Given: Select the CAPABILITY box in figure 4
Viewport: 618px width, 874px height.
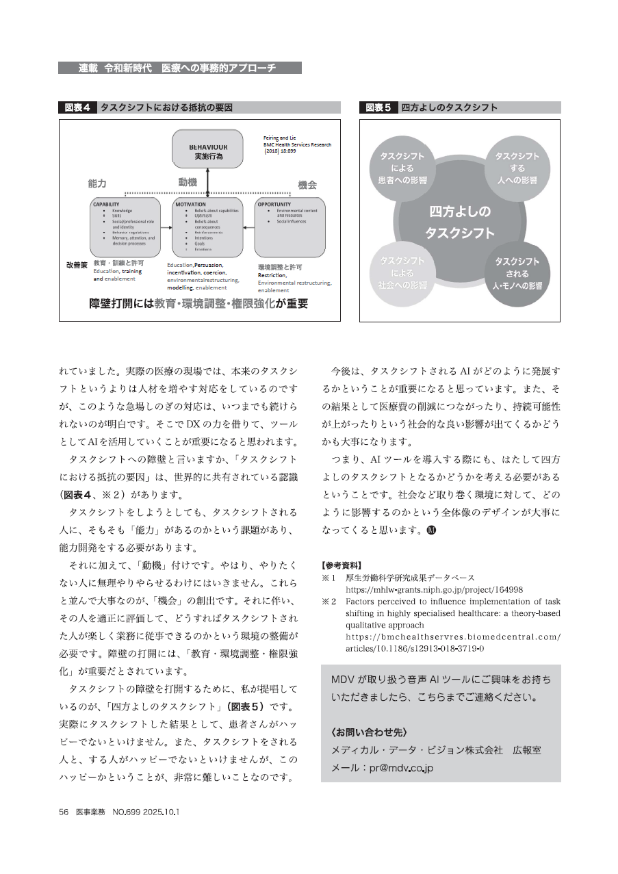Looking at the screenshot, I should pyautogui.click(x=127, y=227).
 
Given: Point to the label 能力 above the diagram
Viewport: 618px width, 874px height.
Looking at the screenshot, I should pyautogui.click(x=97, y=184).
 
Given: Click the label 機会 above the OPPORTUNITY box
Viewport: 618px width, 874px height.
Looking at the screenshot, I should pyautogui.click(x=307, y=185).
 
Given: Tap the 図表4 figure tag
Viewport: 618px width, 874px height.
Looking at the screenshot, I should pyautogui.click(x=77, y=107).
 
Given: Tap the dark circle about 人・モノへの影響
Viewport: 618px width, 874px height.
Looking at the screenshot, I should pyautogui.click(x=517, y=272).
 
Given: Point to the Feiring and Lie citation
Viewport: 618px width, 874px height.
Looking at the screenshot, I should pyautogui.click(x=296, y=145).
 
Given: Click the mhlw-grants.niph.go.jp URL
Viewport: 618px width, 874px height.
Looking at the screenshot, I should pyautogui.click(x=434, y=589).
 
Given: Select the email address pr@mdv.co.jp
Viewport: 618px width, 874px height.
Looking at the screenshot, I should pyautogui.click(x=392, y=768).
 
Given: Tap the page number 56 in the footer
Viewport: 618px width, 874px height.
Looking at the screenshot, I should pyautogui.click(x=64, y=811).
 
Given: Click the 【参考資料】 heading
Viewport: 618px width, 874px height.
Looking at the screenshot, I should pyautogui.click(x=341, y=565).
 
